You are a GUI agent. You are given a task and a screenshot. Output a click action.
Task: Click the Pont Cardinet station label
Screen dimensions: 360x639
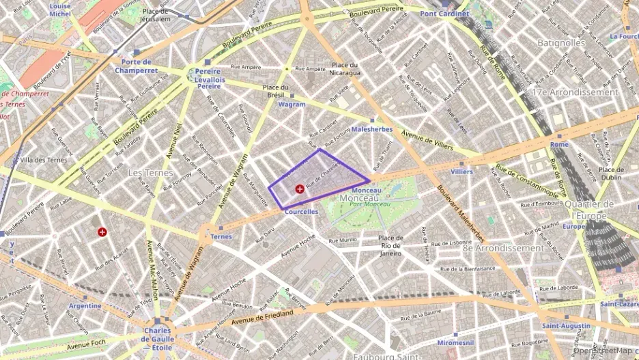click(x=444, y=14)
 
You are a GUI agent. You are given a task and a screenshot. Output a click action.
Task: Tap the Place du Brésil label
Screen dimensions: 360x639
click(x=276, y=92)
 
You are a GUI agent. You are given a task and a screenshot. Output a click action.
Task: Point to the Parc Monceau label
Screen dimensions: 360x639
click(x=369, y=204)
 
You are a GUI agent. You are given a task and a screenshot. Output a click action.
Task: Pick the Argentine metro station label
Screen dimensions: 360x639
click(x=85, y=305)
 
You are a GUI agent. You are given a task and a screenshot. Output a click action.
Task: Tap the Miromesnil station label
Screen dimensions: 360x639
click(x=455, y=341)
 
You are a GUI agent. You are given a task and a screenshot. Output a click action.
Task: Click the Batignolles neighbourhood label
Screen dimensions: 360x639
click(x=561, y=42)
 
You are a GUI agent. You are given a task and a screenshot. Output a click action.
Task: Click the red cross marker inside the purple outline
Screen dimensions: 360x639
click(x=299, y=189)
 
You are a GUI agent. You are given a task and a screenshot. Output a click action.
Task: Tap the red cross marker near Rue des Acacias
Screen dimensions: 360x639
click(x=102, y=232)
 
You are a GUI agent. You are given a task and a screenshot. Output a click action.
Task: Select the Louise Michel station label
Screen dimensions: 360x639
click(x=60, y=9)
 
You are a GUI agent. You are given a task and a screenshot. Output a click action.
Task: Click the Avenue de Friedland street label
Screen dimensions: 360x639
click(x=261, y=316)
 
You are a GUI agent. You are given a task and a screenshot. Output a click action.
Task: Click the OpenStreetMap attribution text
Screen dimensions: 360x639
click(x=604, y=350)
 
